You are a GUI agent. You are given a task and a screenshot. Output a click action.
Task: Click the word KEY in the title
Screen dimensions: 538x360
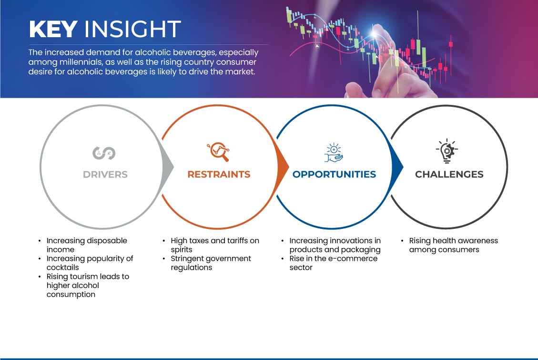point(53,29)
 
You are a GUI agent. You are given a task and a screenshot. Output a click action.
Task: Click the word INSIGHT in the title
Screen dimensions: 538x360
point(132,29)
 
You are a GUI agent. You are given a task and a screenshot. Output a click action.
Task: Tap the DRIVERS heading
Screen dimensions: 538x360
point(105,175)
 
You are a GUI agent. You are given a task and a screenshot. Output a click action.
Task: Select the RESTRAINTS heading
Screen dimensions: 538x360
point(219,175)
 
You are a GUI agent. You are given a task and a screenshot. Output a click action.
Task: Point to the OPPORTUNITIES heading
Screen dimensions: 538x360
point(334,175)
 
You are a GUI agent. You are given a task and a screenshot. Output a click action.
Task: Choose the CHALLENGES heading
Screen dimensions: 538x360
point(449,175)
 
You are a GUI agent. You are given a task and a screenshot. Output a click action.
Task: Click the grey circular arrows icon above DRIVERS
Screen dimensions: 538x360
point(104,153)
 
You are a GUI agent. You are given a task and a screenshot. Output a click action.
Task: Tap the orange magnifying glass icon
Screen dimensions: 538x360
point(218,151)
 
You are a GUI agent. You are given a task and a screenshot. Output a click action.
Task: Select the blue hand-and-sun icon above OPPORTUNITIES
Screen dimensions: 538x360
point(334,153)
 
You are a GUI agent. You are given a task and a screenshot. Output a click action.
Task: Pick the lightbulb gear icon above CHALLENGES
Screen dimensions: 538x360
point(447,151)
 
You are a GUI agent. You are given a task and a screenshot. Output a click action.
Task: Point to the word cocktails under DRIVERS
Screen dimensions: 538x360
point(63,267)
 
